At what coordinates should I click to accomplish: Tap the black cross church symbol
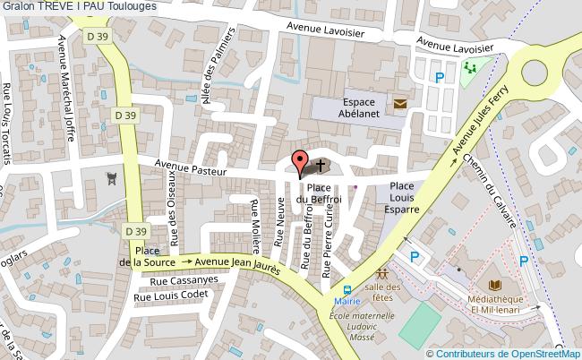(321, 166)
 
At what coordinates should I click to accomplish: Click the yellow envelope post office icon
(399, 105)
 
